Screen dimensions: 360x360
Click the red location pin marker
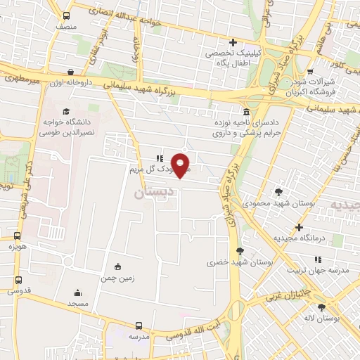point(181,165)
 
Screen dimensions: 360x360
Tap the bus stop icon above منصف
point(66,15)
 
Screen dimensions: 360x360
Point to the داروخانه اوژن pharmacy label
point(69,83)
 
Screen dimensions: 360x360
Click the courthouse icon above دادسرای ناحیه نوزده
point(245,112)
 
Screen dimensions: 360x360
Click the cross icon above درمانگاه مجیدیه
point(300,227)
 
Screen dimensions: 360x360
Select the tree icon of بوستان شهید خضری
point(240,251)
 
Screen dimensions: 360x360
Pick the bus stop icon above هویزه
point(17,236)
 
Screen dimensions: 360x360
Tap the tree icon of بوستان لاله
point(322,307)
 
